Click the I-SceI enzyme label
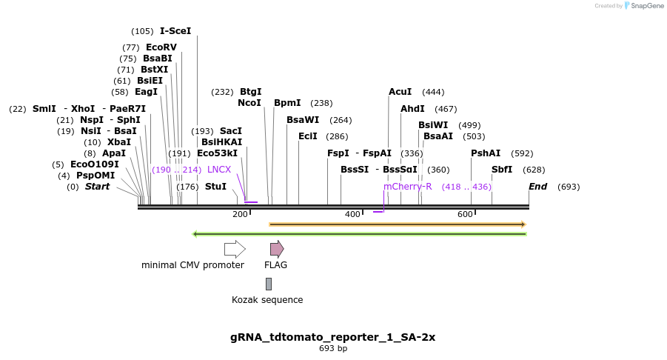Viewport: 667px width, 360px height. (x=175, y=31)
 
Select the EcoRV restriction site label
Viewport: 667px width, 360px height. (x=161, y=47)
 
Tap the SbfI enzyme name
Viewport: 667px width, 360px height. (x=502, y=170)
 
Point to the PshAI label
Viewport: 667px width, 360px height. (x=486, y=153)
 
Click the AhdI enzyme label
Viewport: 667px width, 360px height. (x=412, y=109)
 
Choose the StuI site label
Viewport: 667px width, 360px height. (x=215, y=187)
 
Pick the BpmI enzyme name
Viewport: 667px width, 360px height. (x=287, y=103)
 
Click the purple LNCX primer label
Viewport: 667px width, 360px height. (x=219, y=170)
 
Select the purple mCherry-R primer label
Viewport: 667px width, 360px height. (x=407, y=187)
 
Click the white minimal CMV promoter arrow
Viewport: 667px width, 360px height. (x=235, y=250)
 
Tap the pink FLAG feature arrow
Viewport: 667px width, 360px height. (x=277, y=250)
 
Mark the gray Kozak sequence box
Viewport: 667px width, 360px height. (x=269, y=284)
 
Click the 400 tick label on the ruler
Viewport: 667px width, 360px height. (x=352, y=214)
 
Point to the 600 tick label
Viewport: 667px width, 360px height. (x=465, y=214)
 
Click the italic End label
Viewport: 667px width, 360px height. (x=537, y=187)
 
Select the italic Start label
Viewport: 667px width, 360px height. (x=98, y=187)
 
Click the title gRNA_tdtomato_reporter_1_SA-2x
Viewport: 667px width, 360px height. (x=332, y=337)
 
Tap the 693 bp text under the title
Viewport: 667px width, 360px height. (x=333, y=348)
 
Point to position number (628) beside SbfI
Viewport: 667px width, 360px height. (x=534, y=170)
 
